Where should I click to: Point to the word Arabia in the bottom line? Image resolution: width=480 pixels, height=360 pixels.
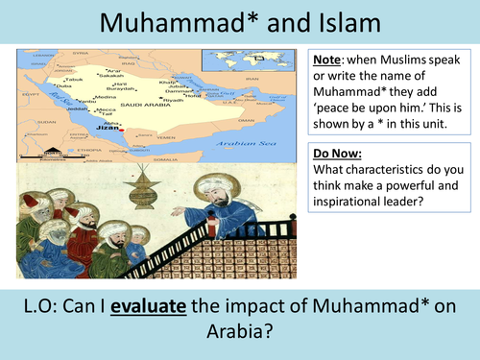pos(239,334)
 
